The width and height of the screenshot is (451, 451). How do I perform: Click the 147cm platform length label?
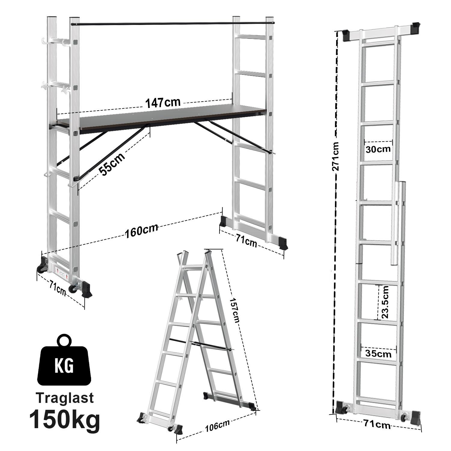pos(163,103)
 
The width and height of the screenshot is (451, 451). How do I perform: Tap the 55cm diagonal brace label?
pos(112,164)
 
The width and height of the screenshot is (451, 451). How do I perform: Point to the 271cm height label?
pos(336,156)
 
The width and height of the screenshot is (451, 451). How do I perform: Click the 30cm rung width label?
pos(378,149)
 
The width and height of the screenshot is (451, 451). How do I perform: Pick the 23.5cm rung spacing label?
pos(385,302)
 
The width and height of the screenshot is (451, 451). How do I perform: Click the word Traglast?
pos(65,398)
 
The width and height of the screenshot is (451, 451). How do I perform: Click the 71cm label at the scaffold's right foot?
pos(246,242)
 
